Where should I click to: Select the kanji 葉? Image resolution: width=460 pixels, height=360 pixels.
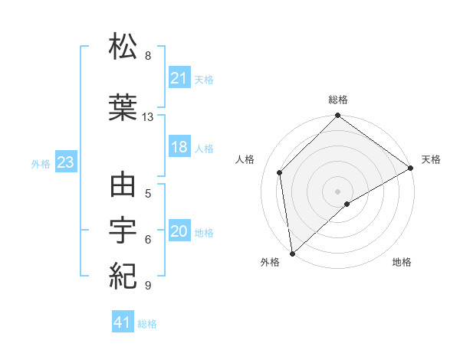[123, 107]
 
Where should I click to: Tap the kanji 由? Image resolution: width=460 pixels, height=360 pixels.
[123, 186]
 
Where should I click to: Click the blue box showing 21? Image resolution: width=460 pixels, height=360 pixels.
[179, 78]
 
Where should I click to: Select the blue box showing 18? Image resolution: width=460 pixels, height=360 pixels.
[179, 147]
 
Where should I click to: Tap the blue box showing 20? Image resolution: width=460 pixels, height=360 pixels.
[179, 231]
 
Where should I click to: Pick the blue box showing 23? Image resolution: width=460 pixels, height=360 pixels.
[65, 162]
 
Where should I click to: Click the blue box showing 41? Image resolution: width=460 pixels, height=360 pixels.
[122, 322]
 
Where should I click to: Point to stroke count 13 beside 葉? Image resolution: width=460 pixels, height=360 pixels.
[148, 117]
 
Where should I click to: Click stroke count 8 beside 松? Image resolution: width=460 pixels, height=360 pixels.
[147, 56]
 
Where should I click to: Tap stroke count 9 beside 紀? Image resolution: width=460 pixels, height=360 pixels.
[147, 286]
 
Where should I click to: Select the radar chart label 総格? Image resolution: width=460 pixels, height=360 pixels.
[337, 100]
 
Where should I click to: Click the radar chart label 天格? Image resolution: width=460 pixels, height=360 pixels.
[431, 159]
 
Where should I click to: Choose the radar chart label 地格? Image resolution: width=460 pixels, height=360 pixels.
[402, 262]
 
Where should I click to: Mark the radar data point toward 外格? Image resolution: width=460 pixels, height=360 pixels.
[292, 253]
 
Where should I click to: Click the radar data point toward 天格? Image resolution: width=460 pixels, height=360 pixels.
[411, 168]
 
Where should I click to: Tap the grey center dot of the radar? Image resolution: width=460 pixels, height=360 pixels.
[337, 191]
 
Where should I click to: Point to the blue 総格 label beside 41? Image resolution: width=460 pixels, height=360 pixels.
[147, 324]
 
